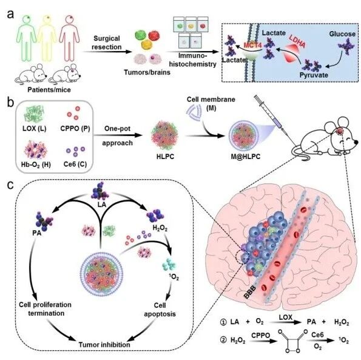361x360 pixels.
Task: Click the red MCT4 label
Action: (252, 45)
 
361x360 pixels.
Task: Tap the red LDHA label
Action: (297, 41)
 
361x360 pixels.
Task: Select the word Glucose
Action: (342, 34)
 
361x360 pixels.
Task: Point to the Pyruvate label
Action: (314, 75)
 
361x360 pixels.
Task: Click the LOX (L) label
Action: (35, 129)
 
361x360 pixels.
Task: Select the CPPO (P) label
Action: (75, 129)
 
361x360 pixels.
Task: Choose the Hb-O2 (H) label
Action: (36, 165)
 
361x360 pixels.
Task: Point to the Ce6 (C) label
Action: (75, 165)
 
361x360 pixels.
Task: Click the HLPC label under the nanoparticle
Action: (165, 157)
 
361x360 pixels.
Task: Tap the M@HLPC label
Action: (246, 157)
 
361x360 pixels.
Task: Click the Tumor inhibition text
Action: (104, 345)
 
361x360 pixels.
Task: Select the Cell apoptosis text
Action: (160, 310)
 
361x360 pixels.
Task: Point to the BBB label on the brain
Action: (250, 292)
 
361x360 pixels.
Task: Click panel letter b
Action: (10, 103)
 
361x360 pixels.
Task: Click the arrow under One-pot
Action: (117, 135)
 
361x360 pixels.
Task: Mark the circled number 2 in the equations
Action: (223, 340)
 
